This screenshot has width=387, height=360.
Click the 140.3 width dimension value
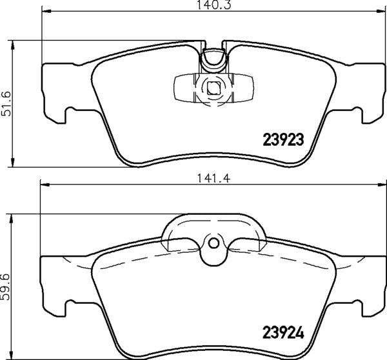coord(213,5)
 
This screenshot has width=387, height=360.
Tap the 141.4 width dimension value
coord(213,178)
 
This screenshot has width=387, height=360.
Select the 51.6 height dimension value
coord(6,104)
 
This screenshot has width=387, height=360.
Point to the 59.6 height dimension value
coord(5,286)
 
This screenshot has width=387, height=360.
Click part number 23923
coord(283,140)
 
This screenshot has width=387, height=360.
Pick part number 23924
coord(283,333)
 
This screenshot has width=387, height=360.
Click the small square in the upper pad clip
coord(213,88)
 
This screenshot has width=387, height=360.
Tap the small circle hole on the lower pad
coord(213,243)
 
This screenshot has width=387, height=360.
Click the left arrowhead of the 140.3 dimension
coord(46,11)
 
